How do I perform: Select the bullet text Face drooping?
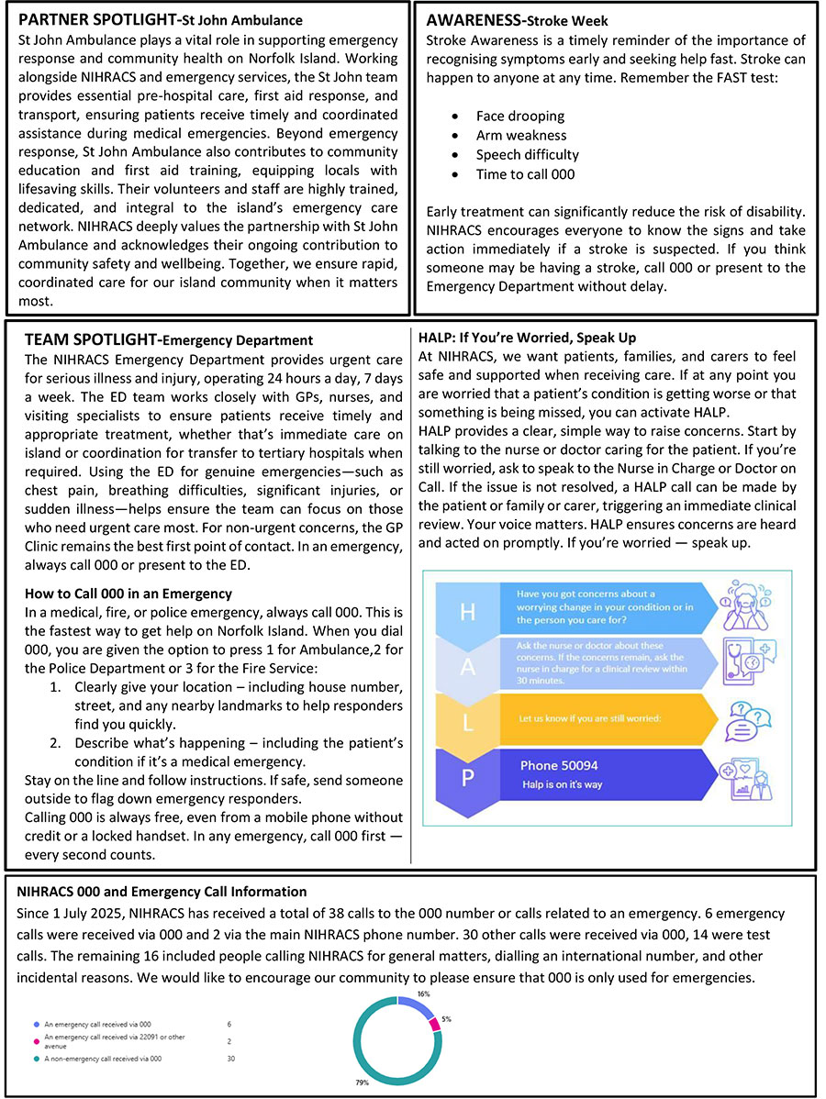(x=520, y=117)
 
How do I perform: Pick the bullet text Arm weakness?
(x=521, y=136)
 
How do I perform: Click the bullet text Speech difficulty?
(x=527, y=155)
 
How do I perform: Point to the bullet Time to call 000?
(x=525, y=174)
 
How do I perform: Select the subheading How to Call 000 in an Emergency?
(x=128, y=594)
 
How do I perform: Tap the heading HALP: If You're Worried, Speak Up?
(x=527, y=338)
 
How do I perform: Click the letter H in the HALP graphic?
(x=467, y=613)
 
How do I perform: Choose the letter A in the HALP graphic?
(x=467, y=667)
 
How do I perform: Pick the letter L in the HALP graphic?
(x=467, y=720)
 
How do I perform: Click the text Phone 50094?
(x=559, y=765)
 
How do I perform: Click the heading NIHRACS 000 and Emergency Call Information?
(x=162, y=892)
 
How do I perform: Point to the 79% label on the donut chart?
(x=363, y=1083)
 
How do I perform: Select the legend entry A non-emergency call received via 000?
(x=103, y=1060)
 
